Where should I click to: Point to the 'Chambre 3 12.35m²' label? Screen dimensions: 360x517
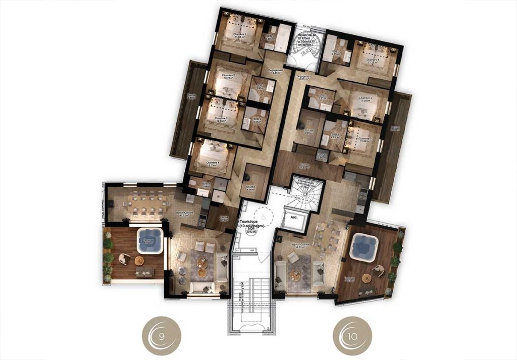point(220,120)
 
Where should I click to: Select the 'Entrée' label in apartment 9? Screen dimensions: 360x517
point(225,219)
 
